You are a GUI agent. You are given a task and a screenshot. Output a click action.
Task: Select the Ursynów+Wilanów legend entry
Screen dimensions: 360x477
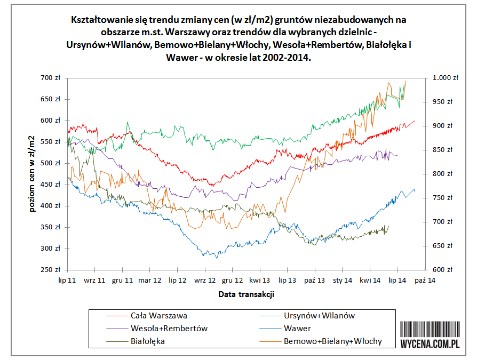pyautogui.click(x=319, y=315)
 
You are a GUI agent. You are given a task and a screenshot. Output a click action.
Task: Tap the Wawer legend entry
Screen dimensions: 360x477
pyautogui.click(x=297, y=328)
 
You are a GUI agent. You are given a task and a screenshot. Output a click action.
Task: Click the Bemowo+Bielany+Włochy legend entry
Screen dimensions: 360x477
pyautogui.click(x=332, y=341)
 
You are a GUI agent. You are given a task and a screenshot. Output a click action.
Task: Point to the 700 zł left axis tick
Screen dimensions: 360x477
pyautogui.click(x=51, y=78)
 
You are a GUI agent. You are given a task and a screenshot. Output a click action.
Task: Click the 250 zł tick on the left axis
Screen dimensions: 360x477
pyautogui.click(x=51, y=270)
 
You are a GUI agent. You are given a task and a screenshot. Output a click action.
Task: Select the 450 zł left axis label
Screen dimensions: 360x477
pyautogui.click(x=51, y=185)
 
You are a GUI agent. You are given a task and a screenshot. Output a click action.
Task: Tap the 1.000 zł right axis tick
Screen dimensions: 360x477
pyautogui.click(x=445, y=78)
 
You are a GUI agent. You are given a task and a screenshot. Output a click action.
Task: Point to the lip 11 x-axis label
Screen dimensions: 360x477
pyautogui.click(x=68, y=279)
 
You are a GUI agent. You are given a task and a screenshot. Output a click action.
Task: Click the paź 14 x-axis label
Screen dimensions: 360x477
pyautogui.click(x=425, y=279)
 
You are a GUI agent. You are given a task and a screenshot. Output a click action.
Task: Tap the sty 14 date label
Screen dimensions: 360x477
pyautogui.click(x=343, y=279)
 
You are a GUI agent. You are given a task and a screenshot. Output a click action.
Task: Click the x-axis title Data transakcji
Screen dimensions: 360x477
pyautogui.click(x=246, y=294)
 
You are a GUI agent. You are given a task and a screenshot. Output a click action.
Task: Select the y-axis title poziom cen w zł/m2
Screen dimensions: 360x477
pyautogui.click(x=33, y=174)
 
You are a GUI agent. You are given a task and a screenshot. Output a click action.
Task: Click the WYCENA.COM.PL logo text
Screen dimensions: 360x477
pyautogui.click(x=430, y=344)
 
